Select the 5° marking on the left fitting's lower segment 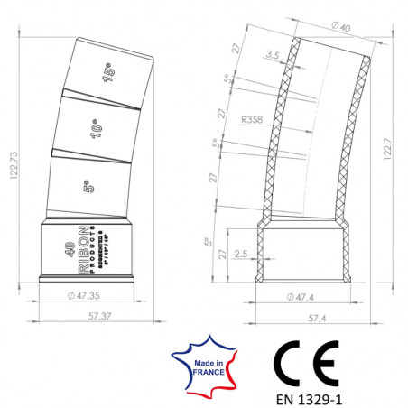point(87,187)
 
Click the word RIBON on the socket point(82,247)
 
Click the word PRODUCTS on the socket point(92,247)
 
